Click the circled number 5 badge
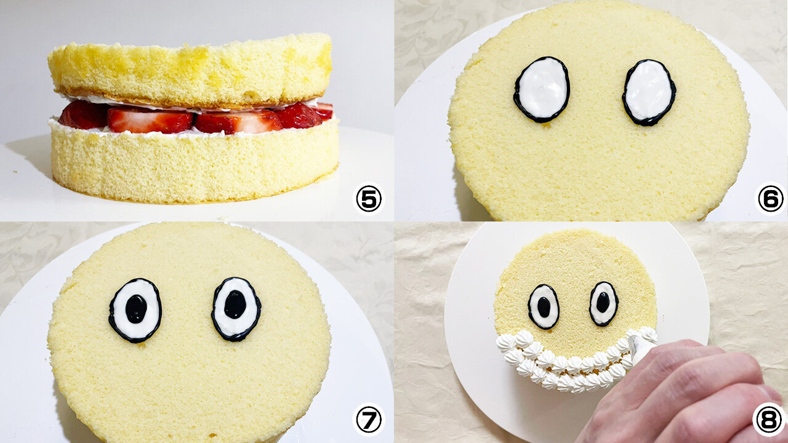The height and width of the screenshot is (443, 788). tap(369, 199)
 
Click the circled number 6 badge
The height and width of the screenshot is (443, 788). tap(770, 199)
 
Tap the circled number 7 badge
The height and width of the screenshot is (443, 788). tap(369, 420)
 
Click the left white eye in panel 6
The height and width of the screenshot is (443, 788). tap(542, 90)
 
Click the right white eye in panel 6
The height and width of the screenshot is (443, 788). tap(649, 92)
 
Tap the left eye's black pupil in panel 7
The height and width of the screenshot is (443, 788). tap(136, 309)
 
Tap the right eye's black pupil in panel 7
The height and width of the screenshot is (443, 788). tap(235, 305)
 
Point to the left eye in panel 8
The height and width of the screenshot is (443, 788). tap(544, 307)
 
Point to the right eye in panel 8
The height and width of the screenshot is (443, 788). tap(603, 304)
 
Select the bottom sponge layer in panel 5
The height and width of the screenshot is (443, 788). tap(195, 162)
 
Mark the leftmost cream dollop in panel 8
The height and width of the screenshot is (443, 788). tap(506, 343)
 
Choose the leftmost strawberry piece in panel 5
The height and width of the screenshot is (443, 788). tap(84, 114)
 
